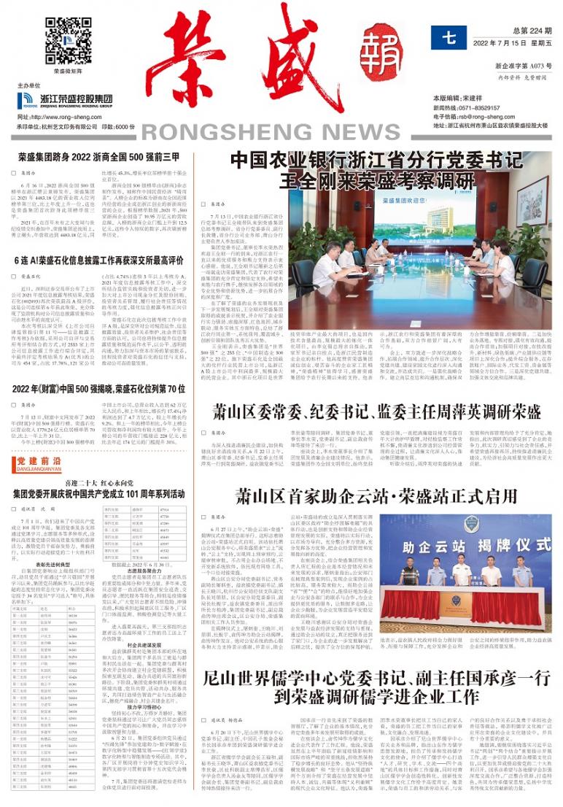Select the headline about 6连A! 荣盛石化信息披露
pos(99,260)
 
